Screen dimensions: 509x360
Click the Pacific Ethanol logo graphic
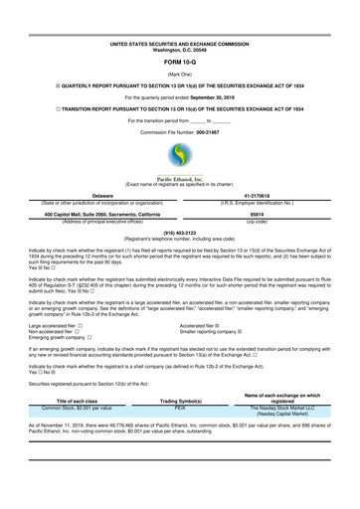[x=179, y=157]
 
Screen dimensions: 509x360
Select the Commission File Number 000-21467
[x=179, y=132]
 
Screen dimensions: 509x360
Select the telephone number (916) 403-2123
[x=179, y=234]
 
